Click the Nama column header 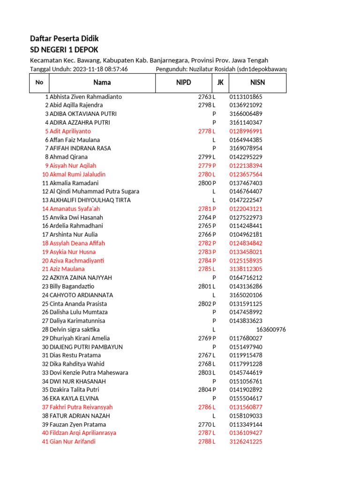pos(102,82)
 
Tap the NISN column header pos(257,82)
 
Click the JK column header pos(220,82)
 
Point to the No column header pos(39,82)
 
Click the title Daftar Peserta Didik pos(64,38)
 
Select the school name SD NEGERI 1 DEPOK pos(64,50)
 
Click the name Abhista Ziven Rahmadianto pos(86,97)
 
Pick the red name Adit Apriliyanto pos(70,131)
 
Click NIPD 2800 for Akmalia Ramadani pos(205,183)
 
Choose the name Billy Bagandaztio pos(72,286)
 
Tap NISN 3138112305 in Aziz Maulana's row pos(246,269)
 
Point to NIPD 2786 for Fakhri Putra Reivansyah pos(205,407)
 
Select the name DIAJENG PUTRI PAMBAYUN pos(86,347)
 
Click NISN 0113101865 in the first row pos(246,97)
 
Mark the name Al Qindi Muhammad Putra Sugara pos(94,191)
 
